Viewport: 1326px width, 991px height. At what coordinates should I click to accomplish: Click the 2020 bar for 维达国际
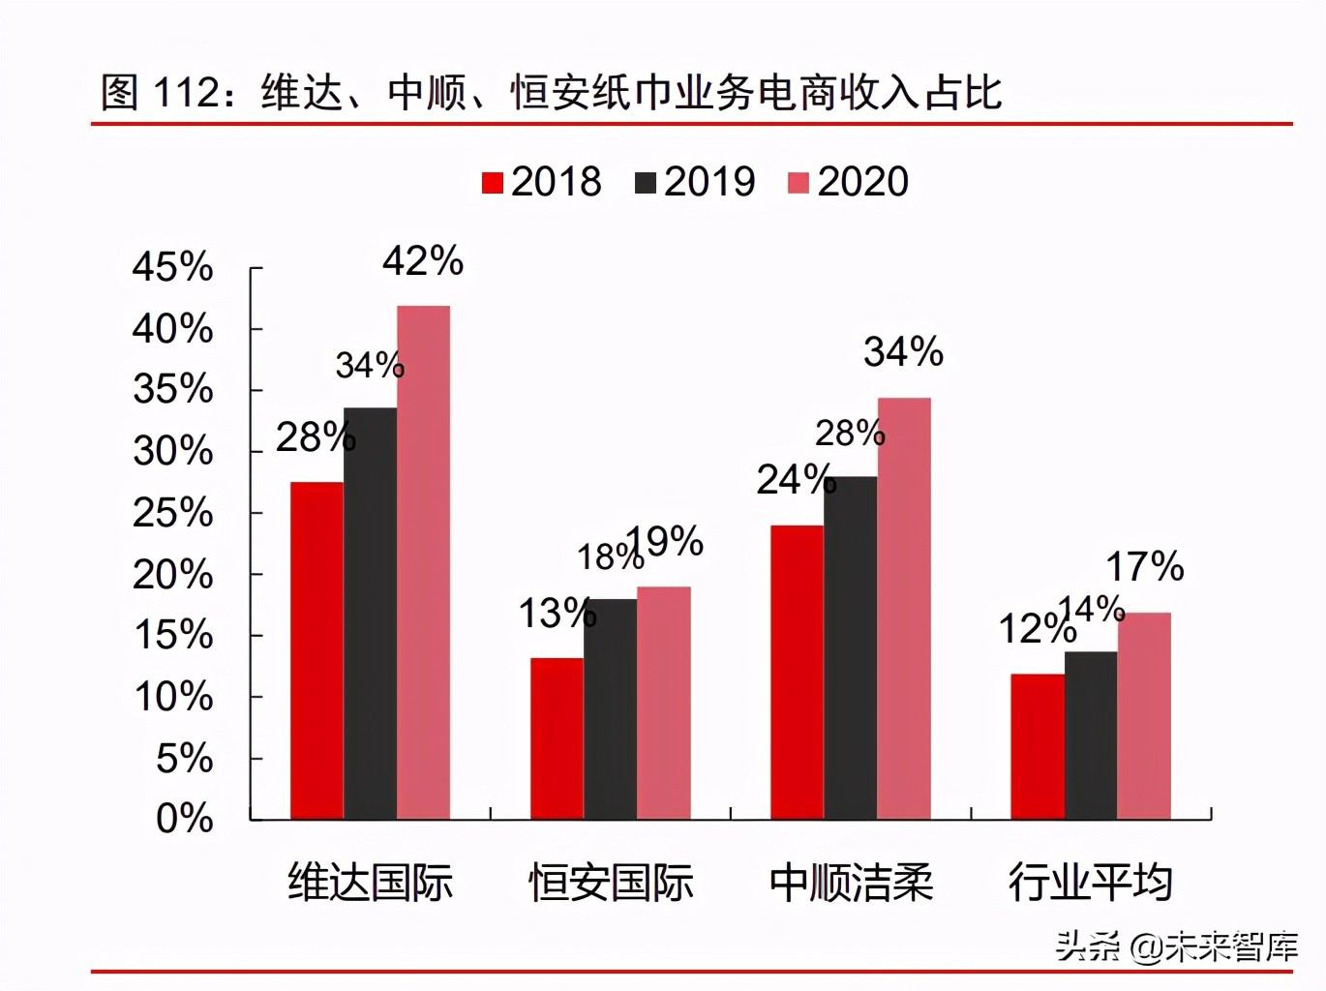(423, 562)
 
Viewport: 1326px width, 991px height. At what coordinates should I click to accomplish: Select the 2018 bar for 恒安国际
(557, 738)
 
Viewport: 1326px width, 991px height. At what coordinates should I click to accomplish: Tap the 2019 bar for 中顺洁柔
(850, 647)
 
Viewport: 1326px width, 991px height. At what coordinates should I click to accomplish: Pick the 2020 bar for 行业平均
(1144, 715)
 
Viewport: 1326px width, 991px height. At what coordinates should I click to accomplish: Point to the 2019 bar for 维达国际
(370, 614)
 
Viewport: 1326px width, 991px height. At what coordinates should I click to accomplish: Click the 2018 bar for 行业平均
(1037, 746)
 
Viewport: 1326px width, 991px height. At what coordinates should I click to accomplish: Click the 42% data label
(422, 261)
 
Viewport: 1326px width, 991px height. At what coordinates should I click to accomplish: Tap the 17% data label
(1144, 567)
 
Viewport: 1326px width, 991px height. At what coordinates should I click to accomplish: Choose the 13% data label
(557, 614)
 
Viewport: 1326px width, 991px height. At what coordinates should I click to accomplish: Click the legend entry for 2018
(542, 182)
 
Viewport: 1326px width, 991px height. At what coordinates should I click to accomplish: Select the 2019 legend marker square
(646, 183)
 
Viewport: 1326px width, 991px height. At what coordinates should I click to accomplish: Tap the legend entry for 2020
(849, 182)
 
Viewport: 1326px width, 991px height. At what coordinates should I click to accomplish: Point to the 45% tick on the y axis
(172, 267)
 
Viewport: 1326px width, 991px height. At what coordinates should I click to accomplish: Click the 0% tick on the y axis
(184, 819)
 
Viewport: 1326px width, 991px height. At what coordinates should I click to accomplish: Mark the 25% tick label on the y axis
(172, 513)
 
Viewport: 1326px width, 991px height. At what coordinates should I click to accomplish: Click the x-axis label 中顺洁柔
(851, 883)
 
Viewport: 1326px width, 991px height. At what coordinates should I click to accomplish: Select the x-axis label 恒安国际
(611, 883)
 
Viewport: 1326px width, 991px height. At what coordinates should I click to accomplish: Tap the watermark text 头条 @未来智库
(1175, 946)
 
